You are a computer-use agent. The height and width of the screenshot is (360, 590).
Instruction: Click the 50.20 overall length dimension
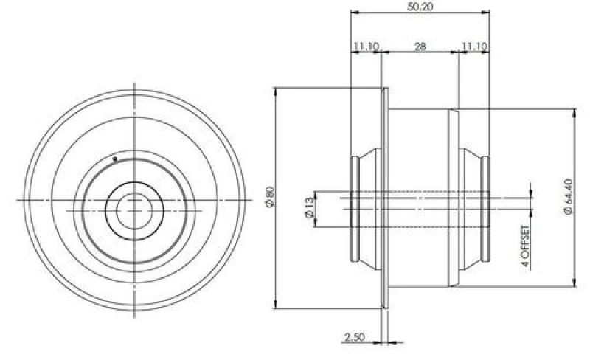point(420,7)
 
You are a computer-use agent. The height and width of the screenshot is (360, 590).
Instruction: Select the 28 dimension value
point(420,46)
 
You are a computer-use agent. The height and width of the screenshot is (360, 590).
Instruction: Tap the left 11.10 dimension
point(365,46)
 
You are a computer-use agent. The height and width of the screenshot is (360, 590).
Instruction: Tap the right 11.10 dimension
point(474,46)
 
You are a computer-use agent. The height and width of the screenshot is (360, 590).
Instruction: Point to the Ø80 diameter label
point(271,196)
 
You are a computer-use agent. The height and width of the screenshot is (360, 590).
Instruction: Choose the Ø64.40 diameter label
point(569,196)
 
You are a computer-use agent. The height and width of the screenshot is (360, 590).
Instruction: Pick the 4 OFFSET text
point(526,246)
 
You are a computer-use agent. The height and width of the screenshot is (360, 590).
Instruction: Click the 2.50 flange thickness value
point(355,336)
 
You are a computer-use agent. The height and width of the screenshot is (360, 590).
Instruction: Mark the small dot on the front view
point(115,159)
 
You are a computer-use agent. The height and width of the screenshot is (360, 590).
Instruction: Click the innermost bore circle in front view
point(134,211)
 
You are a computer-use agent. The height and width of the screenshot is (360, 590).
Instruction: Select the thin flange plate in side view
point(385,198)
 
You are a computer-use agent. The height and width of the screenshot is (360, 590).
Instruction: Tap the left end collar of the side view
point(355,209)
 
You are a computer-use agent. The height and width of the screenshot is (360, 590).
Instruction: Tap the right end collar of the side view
point(485,209)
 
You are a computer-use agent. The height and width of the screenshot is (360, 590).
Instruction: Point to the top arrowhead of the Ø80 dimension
point(276,92)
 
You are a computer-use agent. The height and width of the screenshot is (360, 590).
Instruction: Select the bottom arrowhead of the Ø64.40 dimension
point(575,283)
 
